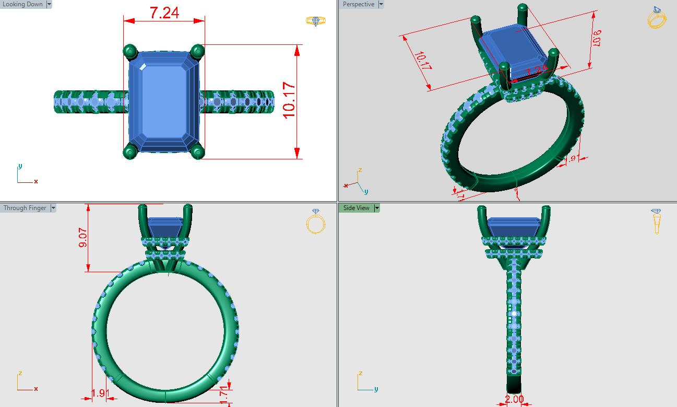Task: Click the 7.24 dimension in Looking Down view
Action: point(164,13)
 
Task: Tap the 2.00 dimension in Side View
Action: point(514,399)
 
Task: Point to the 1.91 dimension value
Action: point(99,393)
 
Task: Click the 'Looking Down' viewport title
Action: point(22,4)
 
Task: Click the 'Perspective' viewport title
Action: point(358,4)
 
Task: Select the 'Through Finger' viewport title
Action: point(25,208)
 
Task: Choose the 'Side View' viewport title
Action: point(356,208)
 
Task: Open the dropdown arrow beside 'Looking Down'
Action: point(49,4)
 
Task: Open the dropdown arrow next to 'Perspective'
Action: point(381,4)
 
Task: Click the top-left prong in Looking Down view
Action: point(129,51)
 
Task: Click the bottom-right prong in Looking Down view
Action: point(197,152)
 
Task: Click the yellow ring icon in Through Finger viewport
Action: point(316,222)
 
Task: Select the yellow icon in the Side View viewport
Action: point(656,221)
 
